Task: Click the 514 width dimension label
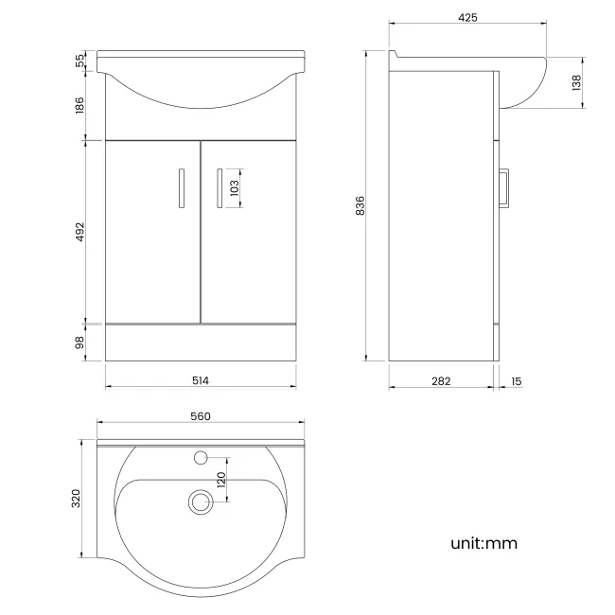tap(200, 380)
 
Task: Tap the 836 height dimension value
tap(360, 205)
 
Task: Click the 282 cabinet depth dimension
tap(441, 380)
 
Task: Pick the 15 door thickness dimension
tap(516, 380)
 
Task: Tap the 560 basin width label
tap(200, 415)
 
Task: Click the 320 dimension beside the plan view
tap(79, 500)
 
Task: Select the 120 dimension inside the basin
tap(220, 480)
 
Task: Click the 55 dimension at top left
tap(80, 60)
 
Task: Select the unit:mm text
tap(483, 543)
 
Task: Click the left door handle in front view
tap(180, 186)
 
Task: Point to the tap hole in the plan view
tap(200, 459)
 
